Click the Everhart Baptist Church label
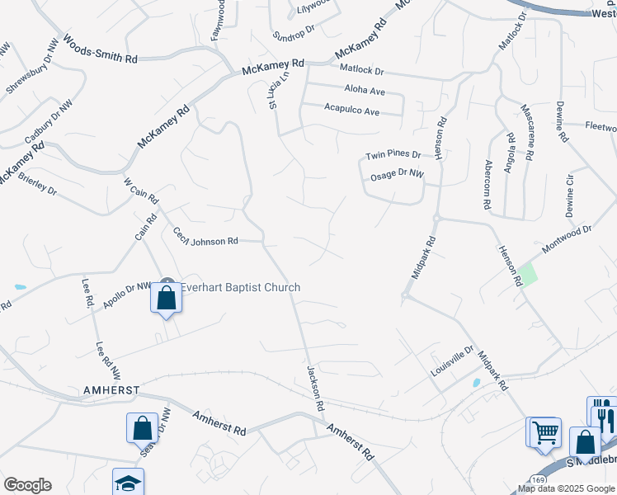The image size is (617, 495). (x=240, y=287)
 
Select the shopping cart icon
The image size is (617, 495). (x=544, y=432)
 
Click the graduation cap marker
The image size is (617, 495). (x=128, y=483)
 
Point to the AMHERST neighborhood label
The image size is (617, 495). (x=110, y=389)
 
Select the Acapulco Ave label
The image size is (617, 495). (x=351, y=110)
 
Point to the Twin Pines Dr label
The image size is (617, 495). (x=393, y=155)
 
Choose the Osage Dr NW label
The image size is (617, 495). (x=394, y=174)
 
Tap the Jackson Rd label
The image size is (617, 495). (x=314, y=389)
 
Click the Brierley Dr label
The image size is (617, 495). (x=37, y=183)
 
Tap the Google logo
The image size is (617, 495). (x=27, y=485)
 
